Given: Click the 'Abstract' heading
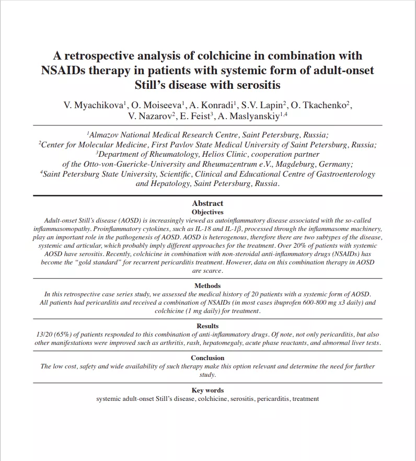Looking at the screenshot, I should coord(207,203).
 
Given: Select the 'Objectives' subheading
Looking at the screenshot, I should coord(207,212).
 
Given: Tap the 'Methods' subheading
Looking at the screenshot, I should coord(207,286).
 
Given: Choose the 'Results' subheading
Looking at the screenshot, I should coord(207,326).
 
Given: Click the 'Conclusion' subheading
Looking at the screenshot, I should coord(207,358).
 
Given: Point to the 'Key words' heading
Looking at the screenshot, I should coord(207,390).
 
